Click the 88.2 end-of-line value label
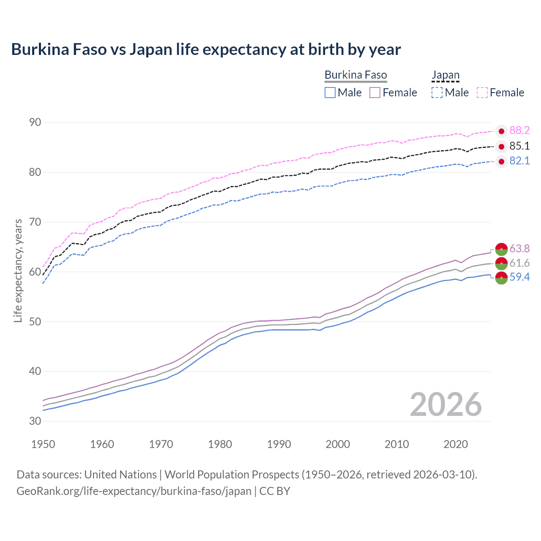click(x=519, y=131)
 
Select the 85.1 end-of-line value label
click(x=519, y=146)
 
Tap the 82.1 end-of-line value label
click(x=519, y=161)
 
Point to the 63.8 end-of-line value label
click(x=519, y=249)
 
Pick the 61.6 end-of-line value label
click(x=519, y=263)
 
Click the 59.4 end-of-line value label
click(x=519, y=277)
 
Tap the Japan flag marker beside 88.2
click(x=501, y=131)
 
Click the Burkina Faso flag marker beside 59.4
click(x=501, y=278)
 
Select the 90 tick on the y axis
click(x=35, y=123)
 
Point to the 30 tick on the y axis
click(x=35, y=421)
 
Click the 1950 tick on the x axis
click(x=43, y=444)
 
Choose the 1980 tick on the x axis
click(x=220, y=444)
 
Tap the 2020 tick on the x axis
click(x=456, y=444)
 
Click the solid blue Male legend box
click(x=330, y=93)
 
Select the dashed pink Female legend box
click(x=482, y=93)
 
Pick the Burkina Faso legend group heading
click(x=355, y=75)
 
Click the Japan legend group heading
click(x=445, y=75)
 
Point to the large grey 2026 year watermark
click(x=446, y=405)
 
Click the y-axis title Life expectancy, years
click(x=18, y=270)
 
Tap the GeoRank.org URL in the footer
click(x=134, y=491)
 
